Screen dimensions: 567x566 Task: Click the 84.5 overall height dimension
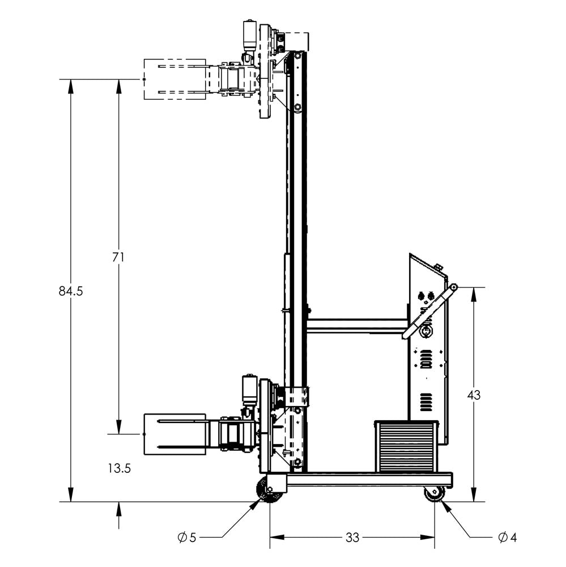71,291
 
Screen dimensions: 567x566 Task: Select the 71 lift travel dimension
118,257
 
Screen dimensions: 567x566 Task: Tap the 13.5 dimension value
118,468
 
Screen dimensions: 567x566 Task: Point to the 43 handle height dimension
474,395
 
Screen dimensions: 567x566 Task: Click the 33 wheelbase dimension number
352,538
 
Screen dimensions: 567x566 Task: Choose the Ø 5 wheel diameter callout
186,538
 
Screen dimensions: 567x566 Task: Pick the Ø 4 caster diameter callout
507,538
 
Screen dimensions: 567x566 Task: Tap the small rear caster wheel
435,493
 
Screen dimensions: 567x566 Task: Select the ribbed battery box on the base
406,446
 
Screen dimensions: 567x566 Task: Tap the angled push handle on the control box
431,312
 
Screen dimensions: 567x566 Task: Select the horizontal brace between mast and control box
357,326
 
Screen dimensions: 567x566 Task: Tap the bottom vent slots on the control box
426,403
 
